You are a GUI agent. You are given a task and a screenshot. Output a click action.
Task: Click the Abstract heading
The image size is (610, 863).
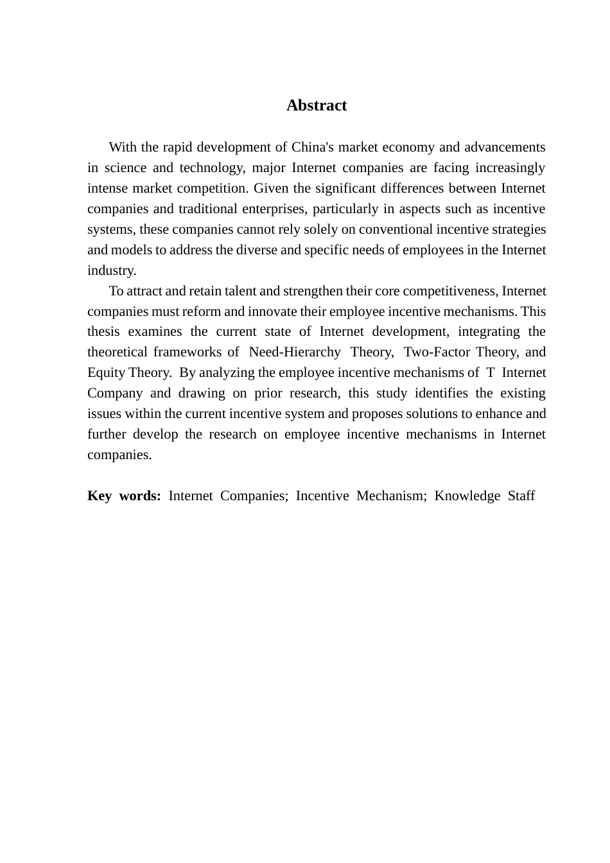pyautogui.click(x=316, y=105)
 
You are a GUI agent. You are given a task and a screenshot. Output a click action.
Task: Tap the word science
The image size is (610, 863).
pyautogui.click(x=126, y=168)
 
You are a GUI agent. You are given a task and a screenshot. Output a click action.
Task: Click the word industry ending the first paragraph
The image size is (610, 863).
pyautogui.click(x=112, y=270)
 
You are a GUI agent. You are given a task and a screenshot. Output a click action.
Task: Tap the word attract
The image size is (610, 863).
pyautogui.click(x=144, y=291)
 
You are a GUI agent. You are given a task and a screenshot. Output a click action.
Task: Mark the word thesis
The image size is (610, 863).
pyautogui.click(x=103, y=332)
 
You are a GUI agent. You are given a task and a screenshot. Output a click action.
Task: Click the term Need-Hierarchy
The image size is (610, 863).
pyautogui.click(x=295, y=352)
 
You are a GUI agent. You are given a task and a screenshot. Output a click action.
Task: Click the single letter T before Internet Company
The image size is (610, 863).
pyautogui.click(x=491, y=372)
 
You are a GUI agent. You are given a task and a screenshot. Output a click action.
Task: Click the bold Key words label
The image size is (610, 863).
pyautogui.click(x=124, y=496)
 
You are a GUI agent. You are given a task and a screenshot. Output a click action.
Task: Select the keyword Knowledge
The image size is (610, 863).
pyautogui.click(x=467, y=496)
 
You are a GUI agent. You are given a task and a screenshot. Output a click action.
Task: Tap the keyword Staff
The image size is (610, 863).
pyautogui.click(x=521, y=496)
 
